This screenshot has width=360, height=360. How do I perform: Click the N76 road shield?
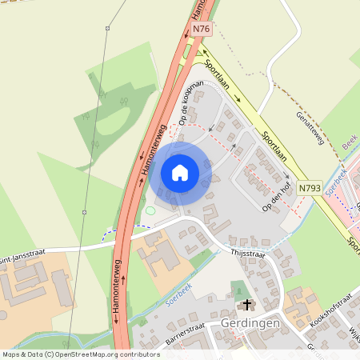[201, 30]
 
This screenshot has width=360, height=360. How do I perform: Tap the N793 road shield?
[310, 189]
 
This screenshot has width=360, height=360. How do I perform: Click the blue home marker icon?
[180, 172]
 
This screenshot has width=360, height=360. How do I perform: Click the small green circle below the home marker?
[150, 210]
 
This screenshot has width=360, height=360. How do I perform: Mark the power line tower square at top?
[107, 29]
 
